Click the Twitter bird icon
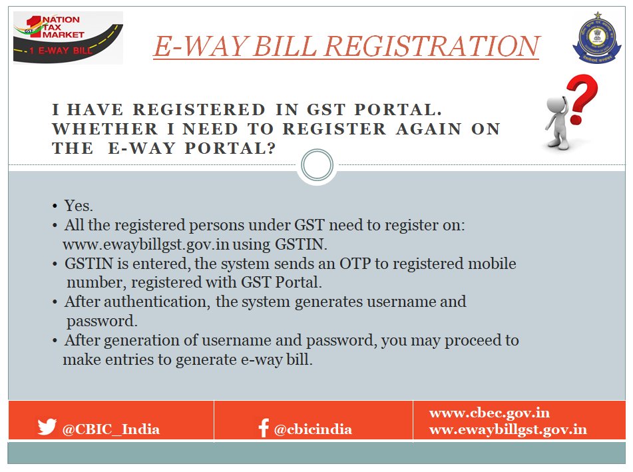coord(47,426)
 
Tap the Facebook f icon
coord(264,427)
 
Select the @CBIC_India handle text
coord(111,429)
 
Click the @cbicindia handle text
coord(313,429)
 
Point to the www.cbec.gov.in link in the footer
coord(489,413)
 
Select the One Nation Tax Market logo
coord(68,38)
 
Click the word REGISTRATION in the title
coord(432,46)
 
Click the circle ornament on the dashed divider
coord(317,164)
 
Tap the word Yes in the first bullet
coord(79,206)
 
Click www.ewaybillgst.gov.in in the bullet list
coord(146,245)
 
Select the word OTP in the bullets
coord(355,264)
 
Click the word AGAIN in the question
coord(429,128)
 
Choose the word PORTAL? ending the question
coord(230,148)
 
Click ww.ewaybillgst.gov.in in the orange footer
coord(509,429)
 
